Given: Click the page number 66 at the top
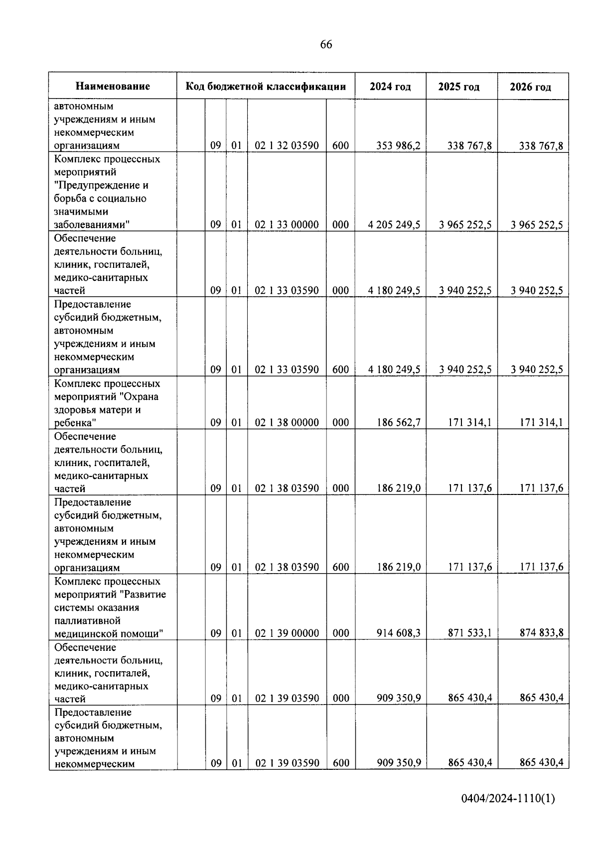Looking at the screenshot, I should tap(326, 45).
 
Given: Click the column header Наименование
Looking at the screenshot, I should tap(113, 87).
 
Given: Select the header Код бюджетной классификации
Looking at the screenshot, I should tap(266, 87).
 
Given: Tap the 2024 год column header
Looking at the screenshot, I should tap(390, 87).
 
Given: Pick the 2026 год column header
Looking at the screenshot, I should tap(530, 87).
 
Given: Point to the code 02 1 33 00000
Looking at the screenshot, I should tap(287, 225).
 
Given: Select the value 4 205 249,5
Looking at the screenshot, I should tap(394, 225).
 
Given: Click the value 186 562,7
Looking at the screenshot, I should tap(398, 423).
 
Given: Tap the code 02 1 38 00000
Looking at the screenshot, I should tap(287, 423).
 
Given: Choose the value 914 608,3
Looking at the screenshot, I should tap(398, 633).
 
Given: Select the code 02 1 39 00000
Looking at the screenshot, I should tap(287, 633).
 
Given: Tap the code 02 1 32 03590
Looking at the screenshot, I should tap(287, 146).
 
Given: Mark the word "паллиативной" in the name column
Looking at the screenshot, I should tap(88, 621).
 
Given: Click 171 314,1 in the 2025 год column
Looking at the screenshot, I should tap(469, 423).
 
